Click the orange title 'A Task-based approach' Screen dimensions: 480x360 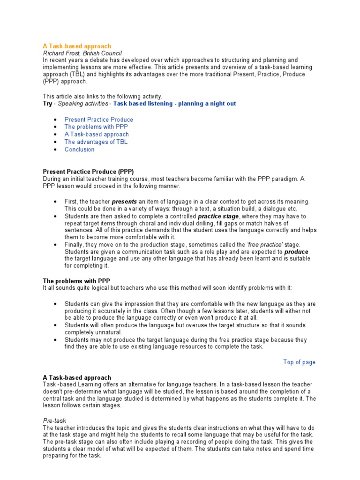point(77,46)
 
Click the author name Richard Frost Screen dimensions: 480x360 point(60,53)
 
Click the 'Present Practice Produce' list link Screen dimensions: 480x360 point(98,120)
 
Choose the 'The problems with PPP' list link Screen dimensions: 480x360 point(96,127)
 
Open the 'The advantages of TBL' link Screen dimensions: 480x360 point(96,142)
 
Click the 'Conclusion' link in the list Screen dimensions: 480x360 point(79,150)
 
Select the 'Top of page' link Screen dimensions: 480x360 point(299,362)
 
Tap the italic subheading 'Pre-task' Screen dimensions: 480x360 point(55,421)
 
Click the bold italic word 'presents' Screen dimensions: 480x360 point(124,202)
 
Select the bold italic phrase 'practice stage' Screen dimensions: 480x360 point(218,217)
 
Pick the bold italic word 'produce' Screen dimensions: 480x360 point(296,252)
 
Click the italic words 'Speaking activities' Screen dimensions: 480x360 point(82,104)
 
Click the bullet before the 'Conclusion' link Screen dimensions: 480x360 point(55,150)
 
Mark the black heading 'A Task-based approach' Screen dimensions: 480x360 point(77,377)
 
